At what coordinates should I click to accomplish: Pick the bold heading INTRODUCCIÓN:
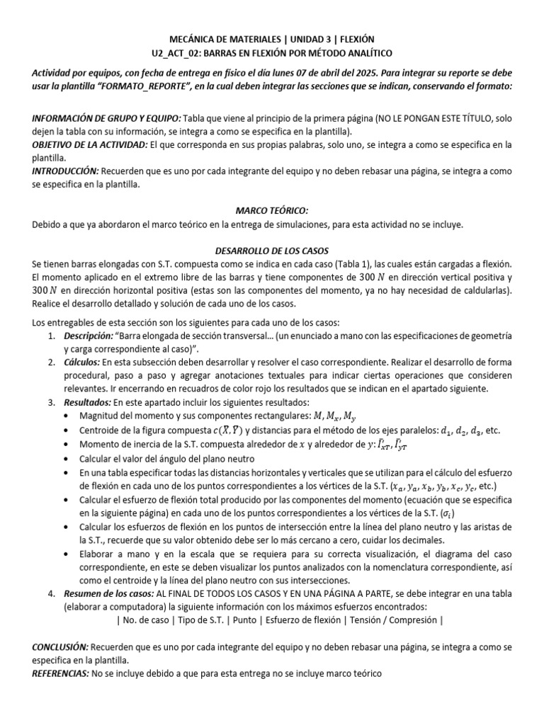(65, 171)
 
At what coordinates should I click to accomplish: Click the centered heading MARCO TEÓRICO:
(271, 211)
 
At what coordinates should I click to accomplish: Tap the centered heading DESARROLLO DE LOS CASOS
(271, 251)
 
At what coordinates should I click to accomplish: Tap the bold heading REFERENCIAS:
(60, 674)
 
